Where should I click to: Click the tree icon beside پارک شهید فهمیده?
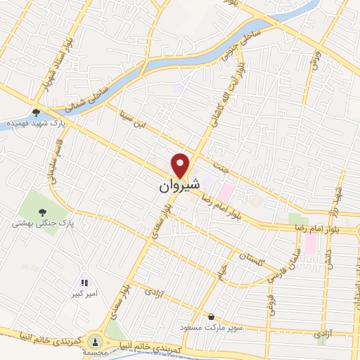point(36,112)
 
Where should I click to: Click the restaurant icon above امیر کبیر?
point(84,283)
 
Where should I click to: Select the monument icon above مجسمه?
point(94,341)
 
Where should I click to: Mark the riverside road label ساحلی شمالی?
point(83,98)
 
